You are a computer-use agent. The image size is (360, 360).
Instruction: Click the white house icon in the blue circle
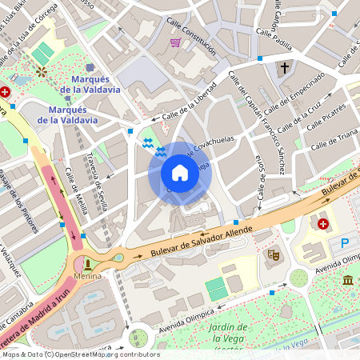tap(180, 173)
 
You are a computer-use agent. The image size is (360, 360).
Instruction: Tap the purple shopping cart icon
tap(175, 42)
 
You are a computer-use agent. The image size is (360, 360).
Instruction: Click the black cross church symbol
tap(284, 69)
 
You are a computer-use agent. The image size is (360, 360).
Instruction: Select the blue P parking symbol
tap(346, 243)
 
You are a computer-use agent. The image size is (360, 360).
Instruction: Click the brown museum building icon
tap(348, 280)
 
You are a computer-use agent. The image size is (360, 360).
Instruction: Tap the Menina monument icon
tap(87, 262)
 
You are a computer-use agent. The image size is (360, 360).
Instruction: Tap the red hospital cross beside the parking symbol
tap(323, 224)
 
